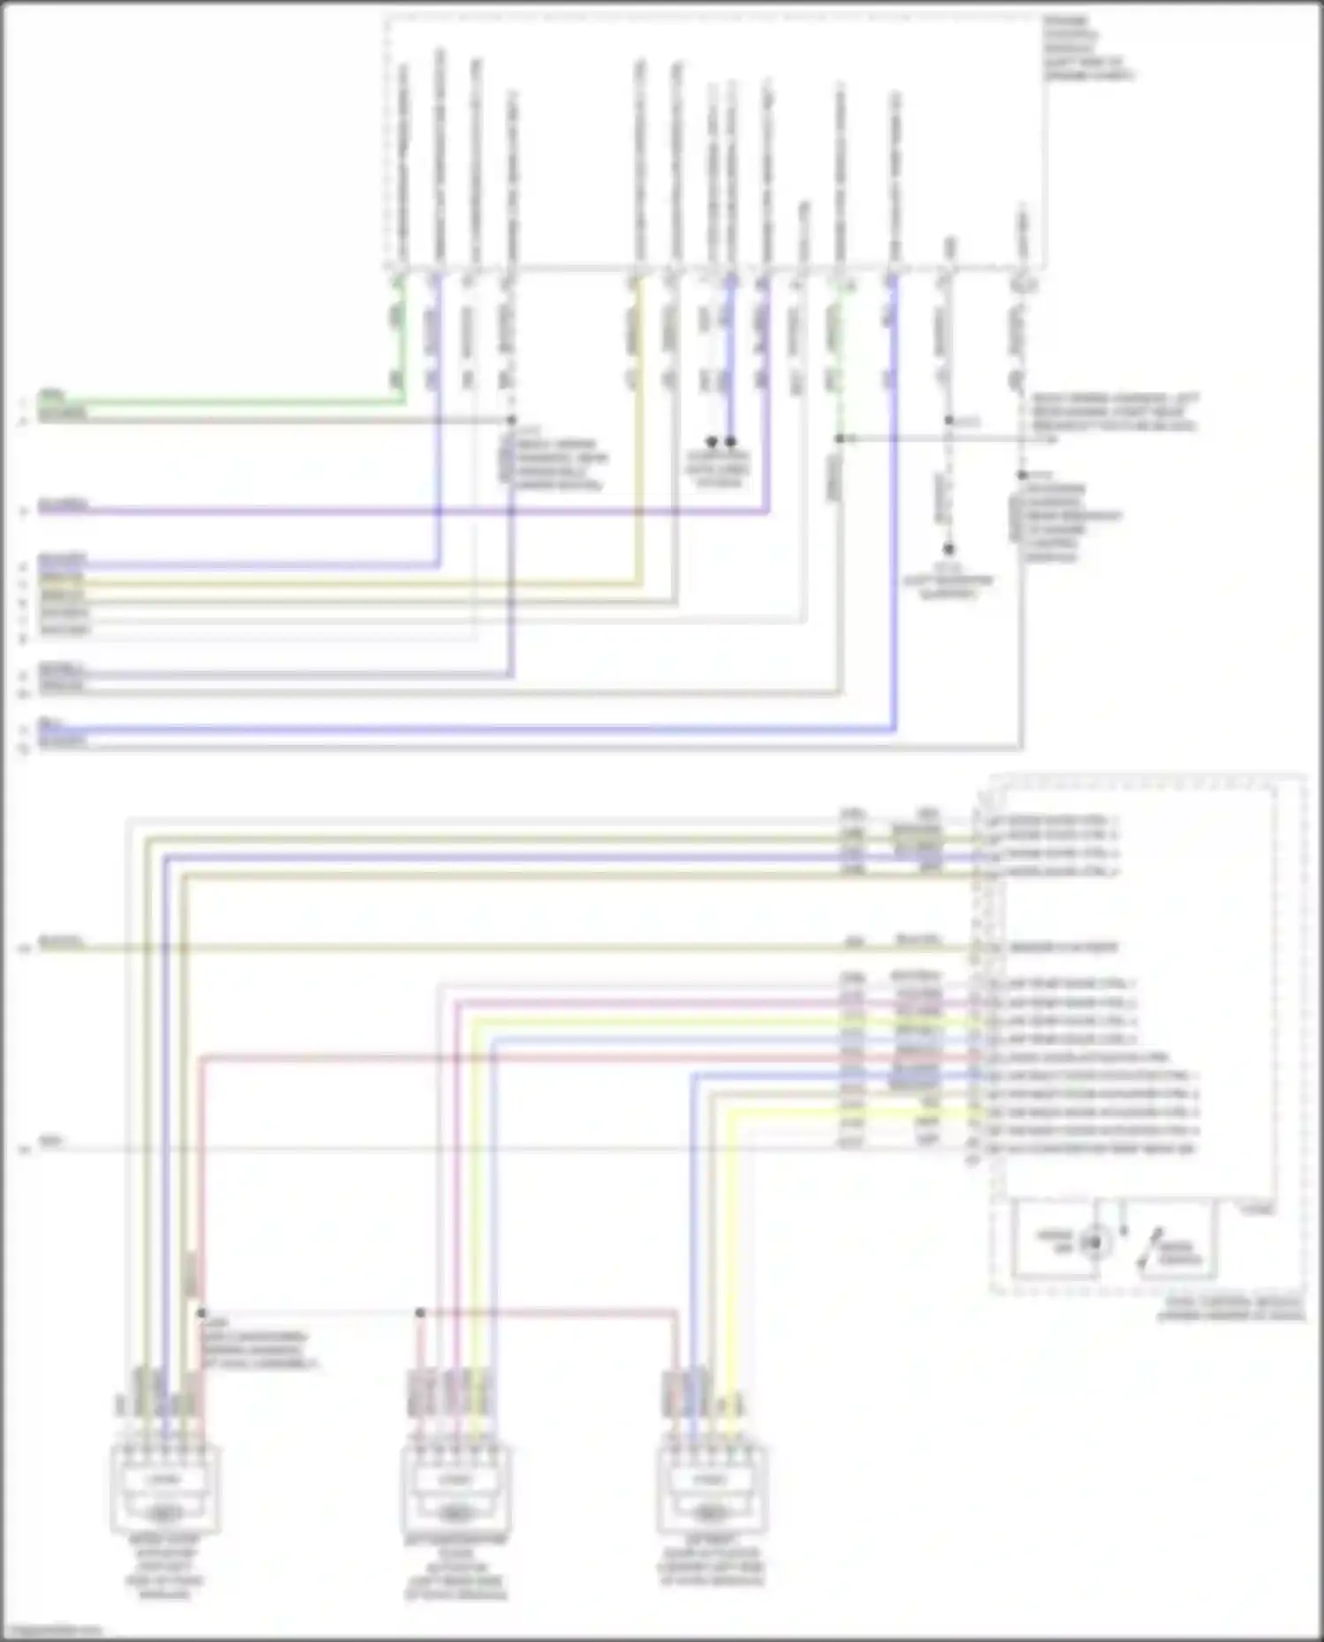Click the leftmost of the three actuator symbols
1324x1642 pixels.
164,1491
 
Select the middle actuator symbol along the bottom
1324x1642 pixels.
455,1491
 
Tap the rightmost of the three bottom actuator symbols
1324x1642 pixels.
711,1491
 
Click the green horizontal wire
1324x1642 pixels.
221,401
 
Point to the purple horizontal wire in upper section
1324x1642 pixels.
397,511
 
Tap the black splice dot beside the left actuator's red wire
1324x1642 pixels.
201,1313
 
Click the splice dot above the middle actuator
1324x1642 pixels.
420,1313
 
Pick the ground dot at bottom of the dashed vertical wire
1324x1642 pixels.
948,549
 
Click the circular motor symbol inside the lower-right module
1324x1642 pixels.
1095,1242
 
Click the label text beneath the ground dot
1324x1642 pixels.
948,582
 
